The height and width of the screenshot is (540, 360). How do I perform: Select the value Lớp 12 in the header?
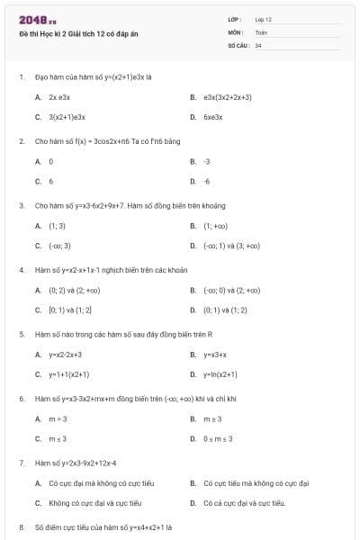pos(264,19)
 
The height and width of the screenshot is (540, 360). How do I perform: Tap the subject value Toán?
pos(262,31)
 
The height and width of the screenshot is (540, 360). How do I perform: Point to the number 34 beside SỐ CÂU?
pos(258,44)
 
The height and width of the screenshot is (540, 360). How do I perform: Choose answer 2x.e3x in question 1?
pos(59,96)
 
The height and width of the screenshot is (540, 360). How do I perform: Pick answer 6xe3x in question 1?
pos(212,117)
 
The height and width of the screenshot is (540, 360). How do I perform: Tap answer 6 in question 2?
pos(51,182)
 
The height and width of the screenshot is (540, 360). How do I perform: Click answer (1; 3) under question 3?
pos(57,226)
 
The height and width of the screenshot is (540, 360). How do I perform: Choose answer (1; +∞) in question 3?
pos(215,226)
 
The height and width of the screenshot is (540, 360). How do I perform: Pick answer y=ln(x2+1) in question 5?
pos(220,374)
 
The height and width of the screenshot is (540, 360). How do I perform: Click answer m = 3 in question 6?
pos(58,418)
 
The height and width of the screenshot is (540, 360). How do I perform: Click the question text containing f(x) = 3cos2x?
pos(107,141)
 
